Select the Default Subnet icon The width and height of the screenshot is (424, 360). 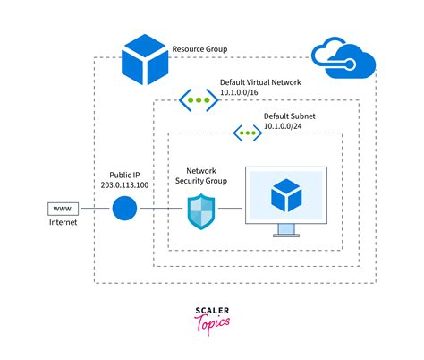248,133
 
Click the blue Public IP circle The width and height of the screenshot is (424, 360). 125,211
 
